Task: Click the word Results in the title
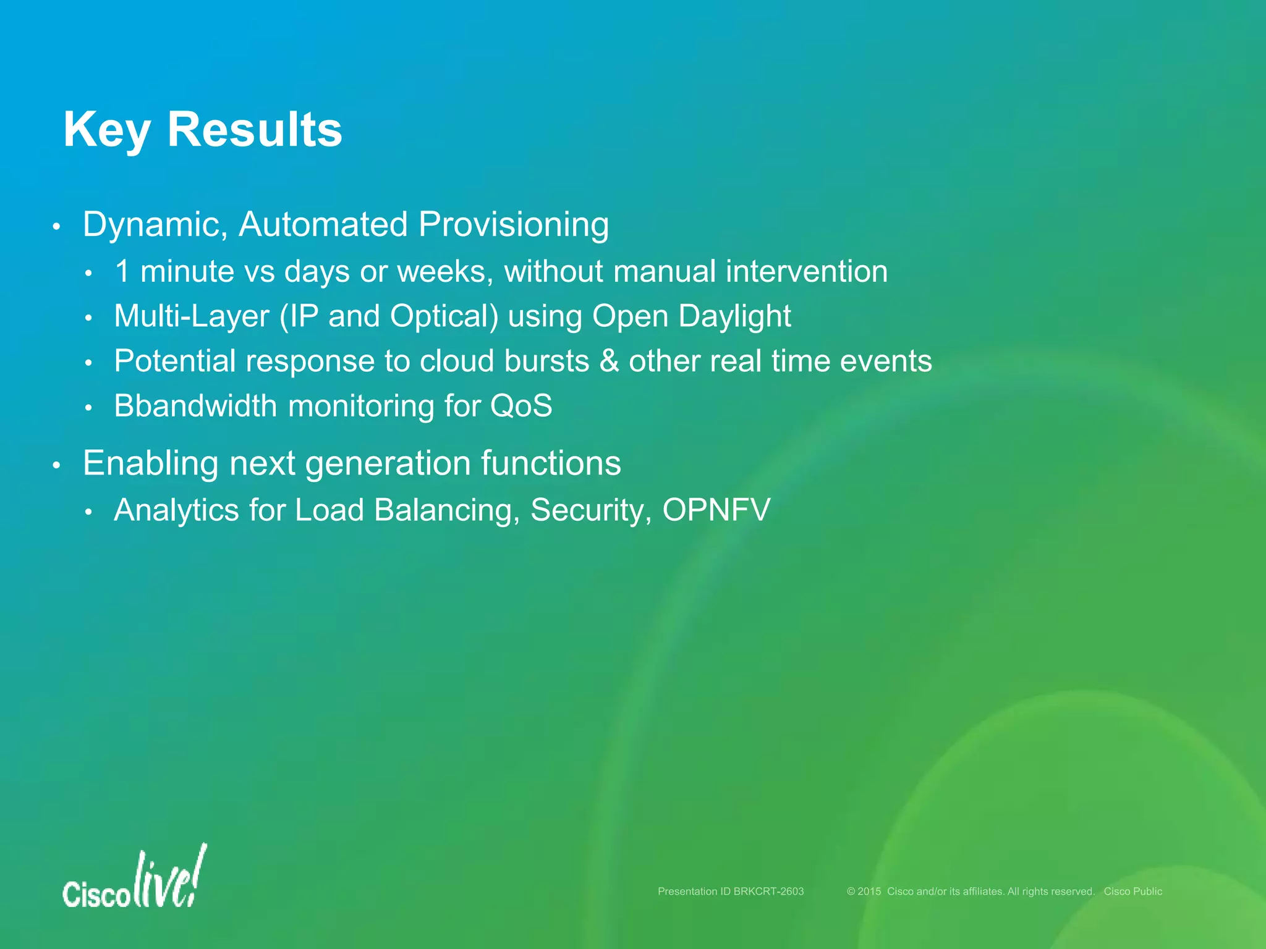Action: (254, 130)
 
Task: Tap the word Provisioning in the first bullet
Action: (513, 224)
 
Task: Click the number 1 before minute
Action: (122, 271)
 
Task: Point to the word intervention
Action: (806, 271)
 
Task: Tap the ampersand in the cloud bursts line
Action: (609, 361)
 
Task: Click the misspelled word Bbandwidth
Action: (195, 407)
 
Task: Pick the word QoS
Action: (521, 407)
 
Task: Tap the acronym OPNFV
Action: (716, 510)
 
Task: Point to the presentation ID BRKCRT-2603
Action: (768, 892)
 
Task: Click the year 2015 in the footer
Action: (869, 892)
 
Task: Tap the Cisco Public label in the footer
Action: (1132, 892)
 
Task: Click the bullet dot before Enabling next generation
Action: (56, 466)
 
